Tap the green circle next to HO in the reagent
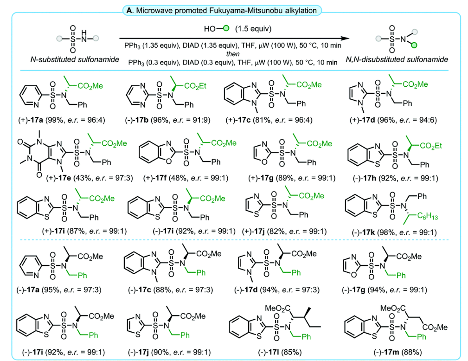coord(226,29)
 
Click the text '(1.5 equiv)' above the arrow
coord(253,29)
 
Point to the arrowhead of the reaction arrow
coord(346,39)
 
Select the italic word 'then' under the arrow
coord(232,54)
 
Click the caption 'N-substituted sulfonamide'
coord(75,59)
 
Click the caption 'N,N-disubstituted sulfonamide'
coord(397,59)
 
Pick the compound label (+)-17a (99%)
coord(62,120)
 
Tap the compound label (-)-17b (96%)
coord(168,120)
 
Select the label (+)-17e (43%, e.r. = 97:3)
coord(90,178)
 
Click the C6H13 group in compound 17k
coord(427,216)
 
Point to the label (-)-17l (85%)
coord(280,352)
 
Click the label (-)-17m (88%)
coord(397,352)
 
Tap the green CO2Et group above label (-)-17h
coord(431,146)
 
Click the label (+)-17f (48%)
coord(186,178)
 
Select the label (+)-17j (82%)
coord(284,232)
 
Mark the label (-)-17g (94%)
coord(385,290)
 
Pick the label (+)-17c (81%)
coord(269,120)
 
